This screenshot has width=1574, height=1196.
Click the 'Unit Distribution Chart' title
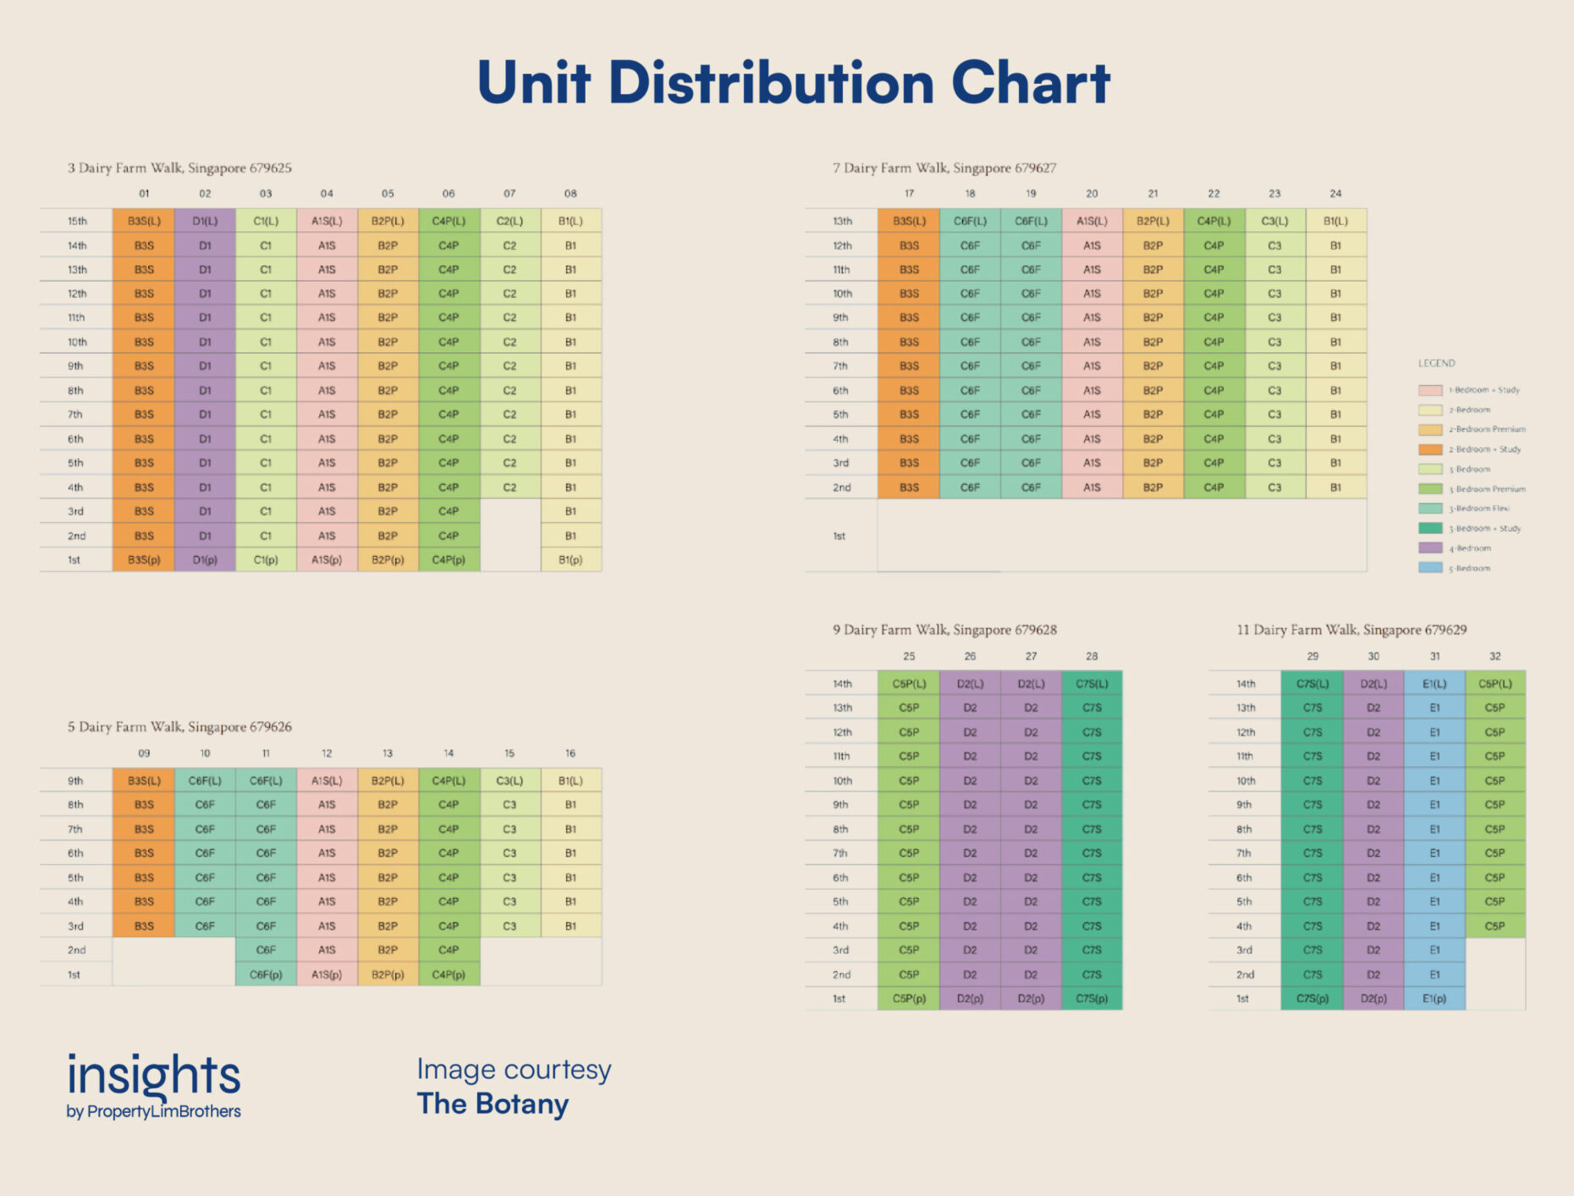793,83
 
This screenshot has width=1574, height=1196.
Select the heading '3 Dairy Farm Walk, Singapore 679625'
179,168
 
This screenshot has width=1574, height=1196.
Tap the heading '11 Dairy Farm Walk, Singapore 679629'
1351,630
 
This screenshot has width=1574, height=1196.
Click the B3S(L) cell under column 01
144,221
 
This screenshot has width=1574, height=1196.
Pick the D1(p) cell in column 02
205,559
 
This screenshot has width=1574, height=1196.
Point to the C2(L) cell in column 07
509,221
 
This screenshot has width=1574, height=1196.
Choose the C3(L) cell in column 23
1274,221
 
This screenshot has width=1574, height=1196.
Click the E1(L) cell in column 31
1434,683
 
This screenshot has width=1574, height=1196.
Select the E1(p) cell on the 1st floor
1434,999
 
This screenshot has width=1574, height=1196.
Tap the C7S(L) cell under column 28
1092,683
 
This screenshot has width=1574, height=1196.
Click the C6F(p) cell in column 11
266,974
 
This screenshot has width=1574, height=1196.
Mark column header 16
570,753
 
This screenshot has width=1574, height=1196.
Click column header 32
1495,656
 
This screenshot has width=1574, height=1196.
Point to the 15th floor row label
77,221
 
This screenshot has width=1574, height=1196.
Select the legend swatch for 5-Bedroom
1430,568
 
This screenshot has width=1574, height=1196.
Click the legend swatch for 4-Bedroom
1430,548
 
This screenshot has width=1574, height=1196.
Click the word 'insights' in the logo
154,1075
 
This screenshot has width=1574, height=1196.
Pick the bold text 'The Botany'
493,1105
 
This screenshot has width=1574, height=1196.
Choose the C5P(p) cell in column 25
909,999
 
